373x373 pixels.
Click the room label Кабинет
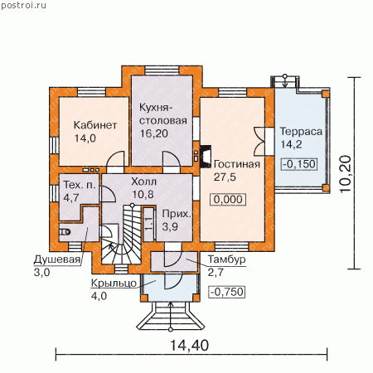(x=95, y=125)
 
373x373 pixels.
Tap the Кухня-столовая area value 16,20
(x=154, y=133)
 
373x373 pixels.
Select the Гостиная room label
(x=237, y=164)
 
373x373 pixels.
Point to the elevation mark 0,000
(x=228, y=199)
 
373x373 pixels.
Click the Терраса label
(x=301, y=132)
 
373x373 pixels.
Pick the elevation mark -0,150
(x=299, y=164)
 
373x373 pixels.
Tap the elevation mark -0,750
(x=227, y=292)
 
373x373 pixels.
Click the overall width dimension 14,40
(x=189, y=346)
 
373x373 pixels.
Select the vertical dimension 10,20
(x=346, y=174)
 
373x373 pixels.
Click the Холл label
(x=143, y=182)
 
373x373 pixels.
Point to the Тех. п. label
(x=80, y=185)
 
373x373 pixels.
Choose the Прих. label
(x=177, y=214)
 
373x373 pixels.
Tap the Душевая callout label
(x=57, y=260)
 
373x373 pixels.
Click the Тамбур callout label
(x=226, y=259)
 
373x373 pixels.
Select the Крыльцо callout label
(x=114, y=283)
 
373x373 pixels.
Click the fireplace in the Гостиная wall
(x=206, y=157)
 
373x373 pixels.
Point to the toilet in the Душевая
(x=65, y=232)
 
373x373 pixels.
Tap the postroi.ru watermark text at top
(x=24, y=5)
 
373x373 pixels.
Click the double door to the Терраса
(x=260, y=141)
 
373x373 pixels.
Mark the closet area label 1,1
(x=148, y=225)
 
